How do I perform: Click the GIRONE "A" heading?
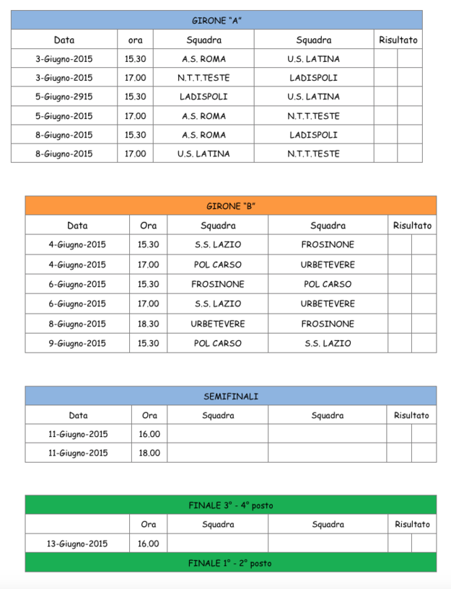tap(216, 20)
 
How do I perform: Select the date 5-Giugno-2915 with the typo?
tap(64, 97)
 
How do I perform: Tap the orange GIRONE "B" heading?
tap(231, 206)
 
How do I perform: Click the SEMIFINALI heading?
tap(231, 396)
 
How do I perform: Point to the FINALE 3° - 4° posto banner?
tap(231, 505)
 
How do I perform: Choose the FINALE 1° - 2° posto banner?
tap(230, 563)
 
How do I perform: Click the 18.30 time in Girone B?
tap(149, 324)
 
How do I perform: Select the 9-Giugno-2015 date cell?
tap(77, 343)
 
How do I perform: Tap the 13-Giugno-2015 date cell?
tap(78, 544)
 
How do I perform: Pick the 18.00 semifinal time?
tap(149, 453)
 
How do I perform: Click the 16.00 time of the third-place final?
tap(149, 544)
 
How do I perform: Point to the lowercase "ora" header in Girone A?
tap(135, 40)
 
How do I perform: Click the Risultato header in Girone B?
tap(412, 226)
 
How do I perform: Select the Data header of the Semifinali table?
tap(78, 415)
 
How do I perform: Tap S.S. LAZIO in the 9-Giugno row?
tap(328, 343)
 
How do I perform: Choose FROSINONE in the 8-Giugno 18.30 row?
tap(328, 324)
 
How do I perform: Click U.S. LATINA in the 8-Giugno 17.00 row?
tap(203, 154)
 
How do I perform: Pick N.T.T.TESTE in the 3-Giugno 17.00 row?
tap(203, 78)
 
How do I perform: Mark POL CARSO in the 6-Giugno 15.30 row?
tap(328, 284)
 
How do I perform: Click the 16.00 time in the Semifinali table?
tap(149, 434)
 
